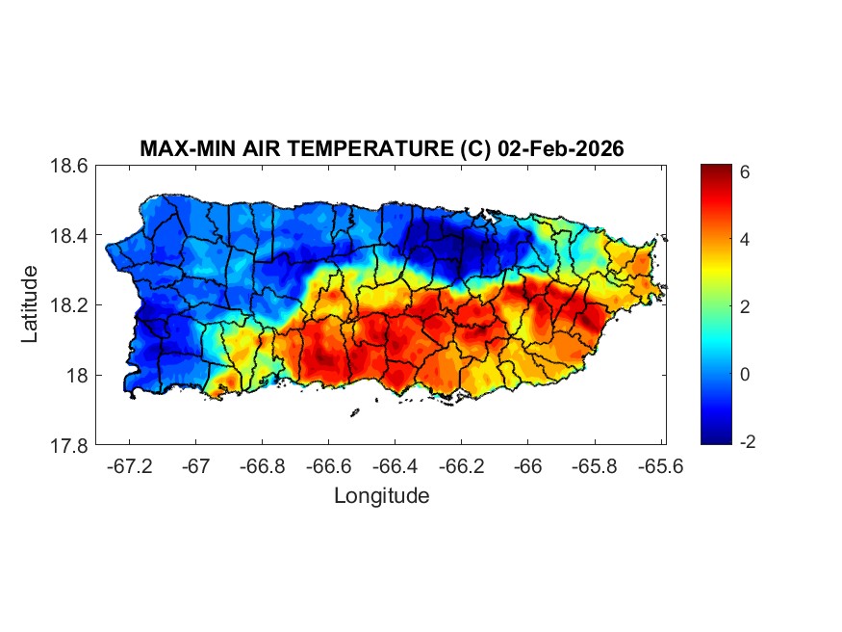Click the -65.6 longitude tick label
point(658,466)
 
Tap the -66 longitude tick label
point(526,466)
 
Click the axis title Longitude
point(381,496)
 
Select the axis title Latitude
point(31,304)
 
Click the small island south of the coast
point(355,412)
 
